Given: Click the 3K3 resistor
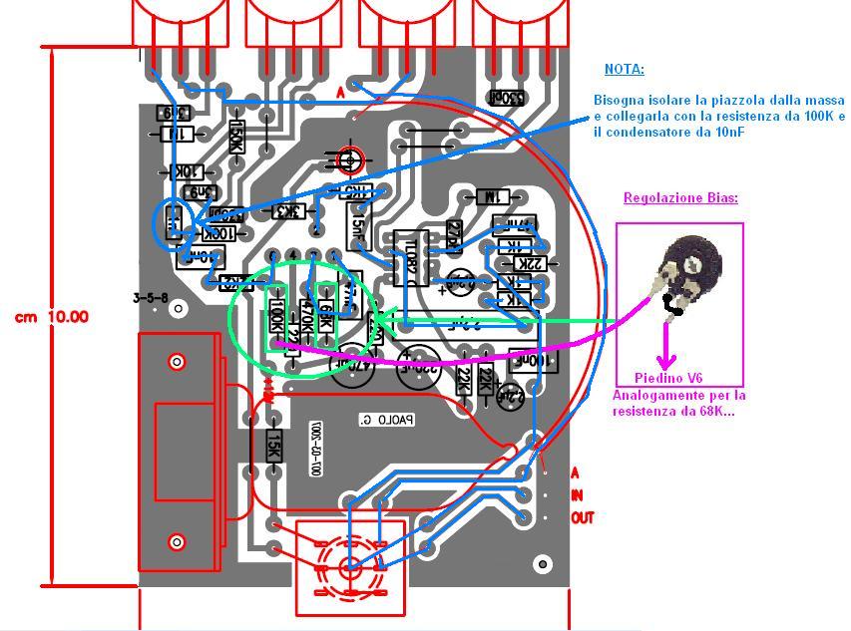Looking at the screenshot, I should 288,211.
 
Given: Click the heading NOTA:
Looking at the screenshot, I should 624,70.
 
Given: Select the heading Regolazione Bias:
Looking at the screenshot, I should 680,197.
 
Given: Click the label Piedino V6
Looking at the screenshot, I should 667,378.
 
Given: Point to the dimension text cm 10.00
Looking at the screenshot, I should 51,317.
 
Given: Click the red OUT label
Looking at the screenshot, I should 582,518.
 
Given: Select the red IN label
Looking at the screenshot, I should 576,495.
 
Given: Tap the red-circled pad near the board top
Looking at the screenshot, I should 349,159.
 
